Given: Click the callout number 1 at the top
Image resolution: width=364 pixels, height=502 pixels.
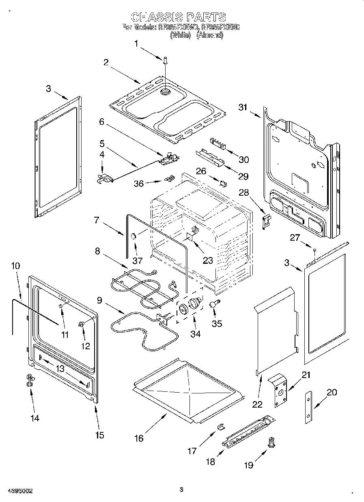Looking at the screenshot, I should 137,43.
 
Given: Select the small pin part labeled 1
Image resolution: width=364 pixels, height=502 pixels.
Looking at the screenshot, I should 166,61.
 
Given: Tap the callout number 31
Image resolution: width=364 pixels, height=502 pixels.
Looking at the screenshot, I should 243,107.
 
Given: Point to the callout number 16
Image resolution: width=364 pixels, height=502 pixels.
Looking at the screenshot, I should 139,438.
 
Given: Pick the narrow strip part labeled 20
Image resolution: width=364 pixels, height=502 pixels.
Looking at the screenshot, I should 309,407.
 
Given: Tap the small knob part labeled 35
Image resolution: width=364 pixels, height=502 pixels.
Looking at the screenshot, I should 214,305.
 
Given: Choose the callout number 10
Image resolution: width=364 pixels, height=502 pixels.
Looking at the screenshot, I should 15,266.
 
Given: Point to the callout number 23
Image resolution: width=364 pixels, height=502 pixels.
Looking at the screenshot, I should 208,261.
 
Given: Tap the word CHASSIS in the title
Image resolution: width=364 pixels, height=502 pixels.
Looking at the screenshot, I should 156,17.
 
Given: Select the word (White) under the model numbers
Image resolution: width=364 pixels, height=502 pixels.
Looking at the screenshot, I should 181,35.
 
